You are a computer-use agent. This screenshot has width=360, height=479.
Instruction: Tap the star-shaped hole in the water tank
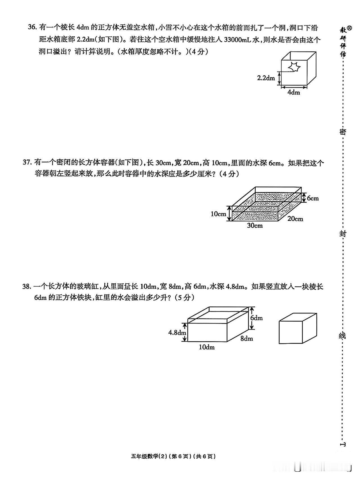(x=294, y=67)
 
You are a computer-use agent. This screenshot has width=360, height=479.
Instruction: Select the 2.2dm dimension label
(x=266, y=78)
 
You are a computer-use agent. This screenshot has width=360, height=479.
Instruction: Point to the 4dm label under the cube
(x=294, y=92)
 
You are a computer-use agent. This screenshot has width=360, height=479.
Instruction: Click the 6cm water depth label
(x=313, y=198)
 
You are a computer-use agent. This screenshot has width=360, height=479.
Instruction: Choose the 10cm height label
(x=218, y=214)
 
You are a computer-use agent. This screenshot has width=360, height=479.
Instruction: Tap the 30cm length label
(x=255, y=225)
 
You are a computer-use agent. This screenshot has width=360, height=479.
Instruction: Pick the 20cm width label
(x=295, y=218)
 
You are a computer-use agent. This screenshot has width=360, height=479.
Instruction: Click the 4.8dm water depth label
(x=177, y=333)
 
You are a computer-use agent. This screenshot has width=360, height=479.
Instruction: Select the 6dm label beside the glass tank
(x=256, y=318)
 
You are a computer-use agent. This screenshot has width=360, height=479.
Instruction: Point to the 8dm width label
(x=247, y=338)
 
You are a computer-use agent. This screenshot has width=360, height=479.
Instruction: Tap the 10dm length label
(x=207, y=347)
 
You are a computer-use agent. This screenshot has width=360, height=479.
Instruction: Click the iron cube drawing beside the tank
(x=298, y=328)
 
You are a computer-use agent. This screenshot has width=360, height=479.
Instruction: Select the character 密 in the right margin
(x=342, y=132)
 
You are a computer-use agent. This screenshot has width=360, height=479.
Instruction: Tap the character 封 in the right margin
(x=343, y=234)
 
